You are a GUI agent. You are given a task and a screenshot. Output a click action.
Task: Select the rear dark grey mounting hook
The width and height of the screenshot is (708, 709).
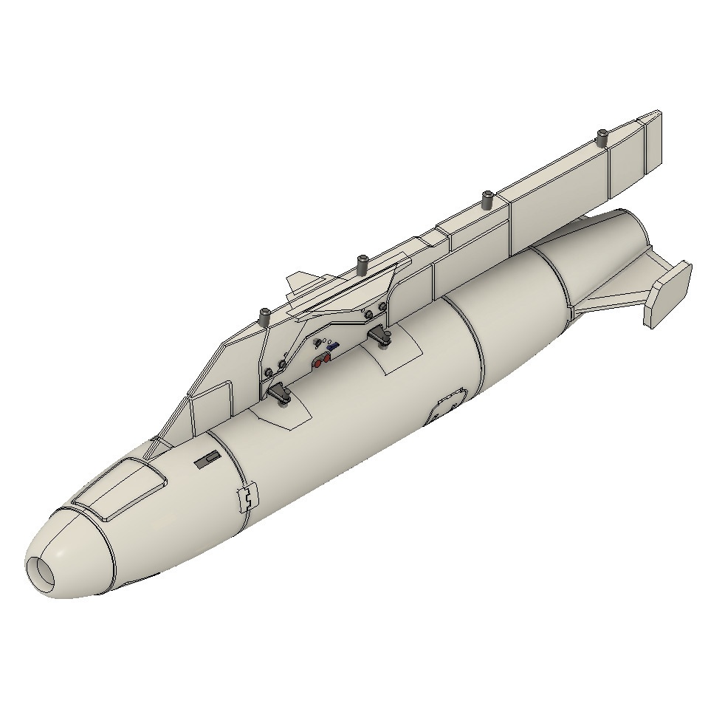click(x=381, y=337)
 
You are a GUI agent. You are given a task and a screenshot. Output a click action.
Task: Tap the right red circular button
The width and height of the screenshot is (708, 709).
click(x=326, y=358)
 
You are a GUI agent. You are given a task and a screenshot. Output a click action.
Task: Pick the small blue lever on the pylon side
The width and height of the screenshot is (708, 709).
click(x=333, y=345)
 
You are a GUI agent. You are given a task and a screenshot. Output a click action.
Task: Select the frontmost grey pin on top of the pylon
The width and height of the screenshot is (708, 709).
click(x=264, y=316)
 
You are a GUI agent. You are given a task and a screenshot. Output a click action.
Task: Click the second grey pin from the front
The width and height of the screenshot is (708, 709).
click(x=362, y=263)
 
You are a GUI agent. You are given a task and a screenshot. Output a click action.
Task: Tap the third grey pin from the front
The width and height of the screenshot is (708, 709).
click(x=487, y=199)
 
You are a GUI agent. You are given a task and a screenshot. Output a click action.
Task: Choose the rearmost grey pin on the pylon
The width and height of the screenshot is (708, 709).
click(x=602, y=137)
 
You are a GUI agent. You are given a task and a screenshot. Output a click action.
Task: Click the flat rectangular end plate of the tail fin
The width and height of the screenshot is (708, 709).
click(x=667, y=294)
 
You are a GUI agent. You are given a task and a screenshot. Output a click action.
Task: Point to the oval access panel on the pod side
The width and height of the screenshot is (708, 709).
click(x=447, y=406)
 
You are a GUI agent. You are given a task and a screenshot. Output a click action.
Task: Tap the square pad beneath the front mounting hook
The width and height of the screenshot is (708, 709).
click(x=283, y=414)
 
